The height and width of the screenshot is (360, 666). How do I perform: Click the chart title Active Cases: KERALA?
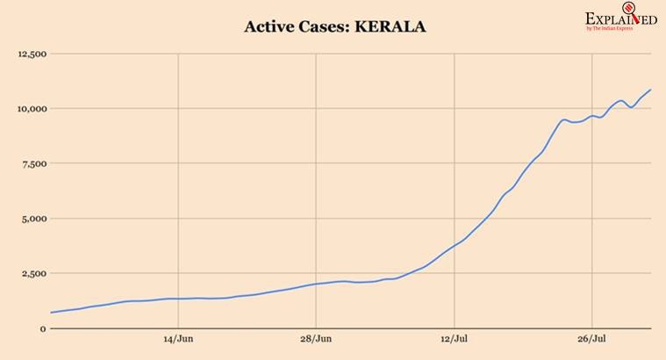[335, 27]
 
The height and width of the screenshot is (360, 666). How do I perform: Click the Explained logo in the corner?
[620, 19]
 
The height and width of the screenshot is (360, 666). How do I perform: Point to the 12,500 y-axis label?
[32, 54]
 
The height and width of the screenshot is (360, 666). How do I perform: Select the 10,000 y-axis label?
[32, 109]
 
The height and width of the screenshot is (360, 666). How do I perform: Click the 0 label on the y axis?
[43, 328]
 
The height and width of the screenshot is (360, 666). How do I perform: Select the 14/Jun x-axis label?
[178, 339]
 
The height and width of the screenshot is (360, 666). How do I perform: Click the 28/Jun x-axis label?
[316, 339]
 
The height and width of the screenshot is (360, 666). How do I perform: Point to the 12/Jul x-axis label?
[454, 339]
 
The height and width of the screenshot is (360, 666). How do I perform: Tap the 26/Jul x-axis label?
[592, 339]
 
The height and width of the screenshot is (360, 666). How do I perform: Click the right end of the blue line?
[650, 90]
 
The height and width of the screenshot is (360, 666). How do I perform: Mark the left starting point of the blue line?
[51, 313]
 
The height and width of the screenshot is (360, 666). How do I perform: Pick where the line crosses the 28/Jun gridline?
[316, 284]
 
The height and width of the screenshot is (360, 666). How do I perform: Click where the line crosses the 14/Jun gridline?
[178, 299]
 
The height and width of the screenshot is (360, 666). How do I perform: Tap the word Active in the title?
[270, 27]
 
